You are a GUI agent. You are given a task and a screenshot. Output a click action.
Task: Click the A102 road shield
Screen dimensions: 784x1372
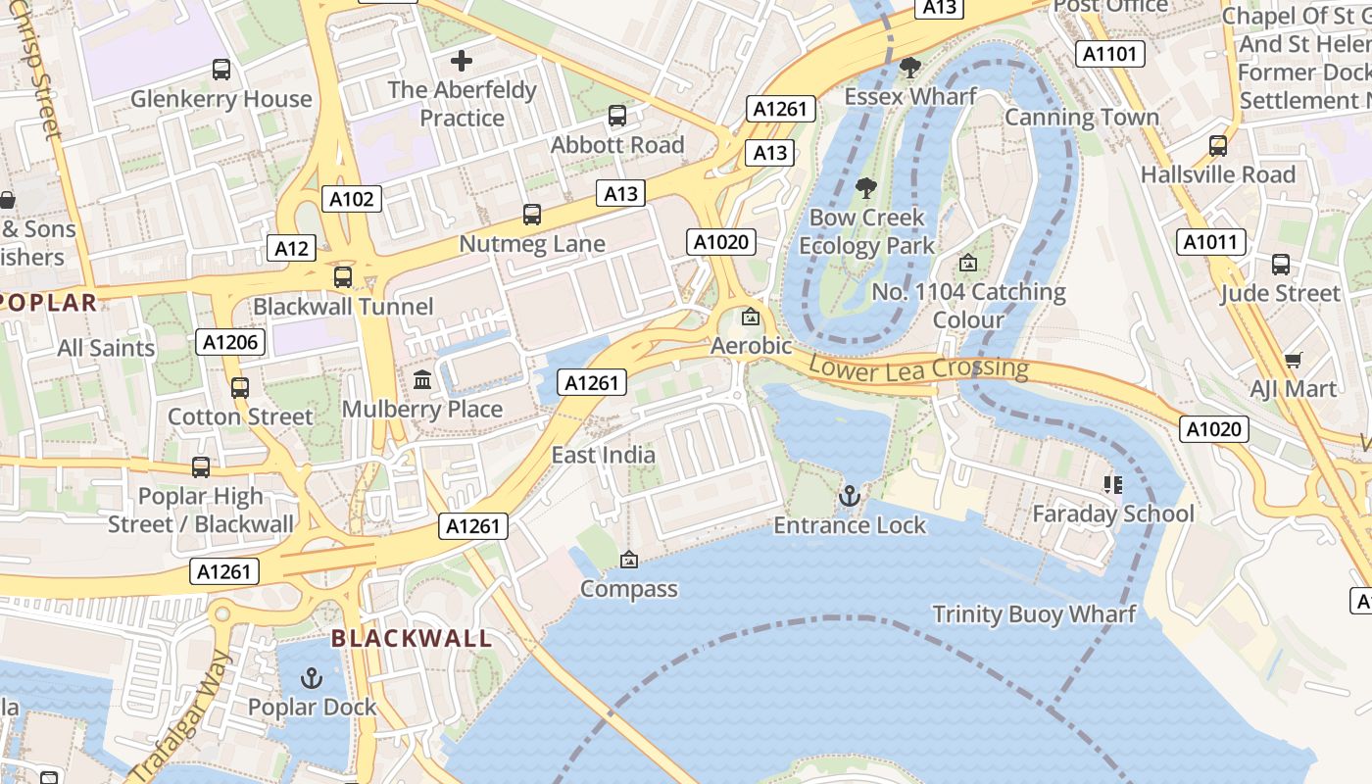(352, 199)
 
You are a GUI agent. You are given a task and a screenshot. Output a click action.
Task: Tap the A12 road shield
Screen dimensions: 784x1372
(291, 248)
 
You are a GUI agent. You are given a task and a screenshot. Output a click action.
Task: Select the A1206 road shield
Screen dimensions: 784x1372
(231, 342)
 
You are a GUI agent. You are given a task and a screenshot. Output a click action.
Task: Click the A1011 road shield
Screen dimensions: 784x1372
(1211, 242)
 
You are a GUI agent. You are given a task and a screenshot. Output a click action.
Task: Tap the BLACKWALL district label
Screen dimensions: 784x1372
(411, 639)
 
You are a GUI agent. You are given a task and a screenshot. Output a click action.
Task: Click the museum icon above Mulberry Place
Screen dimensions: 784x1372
(422, 379)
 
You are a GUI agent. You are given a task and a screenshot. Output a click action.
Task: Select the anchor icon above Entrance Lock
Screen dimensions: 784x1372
(850, 496)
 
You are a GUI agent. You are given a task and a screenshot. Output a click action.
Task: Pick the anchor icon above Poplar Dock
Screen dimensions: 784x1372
(311, 677)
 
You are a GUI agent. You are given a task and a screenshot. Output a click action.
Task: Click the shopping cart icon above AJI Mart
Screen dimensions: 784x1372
(1293, 360)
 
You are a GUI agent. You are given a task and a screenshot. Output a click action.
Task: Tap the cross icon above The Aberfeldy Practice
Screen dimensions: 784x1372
(462, 61)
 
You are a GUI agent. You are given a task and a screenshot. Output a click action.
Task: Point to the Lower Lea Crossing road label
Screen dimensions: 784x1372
(918, 368)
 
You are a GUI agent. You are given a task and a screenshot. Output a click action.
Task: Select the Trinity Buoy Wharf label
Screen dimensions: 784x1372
(1034, 614)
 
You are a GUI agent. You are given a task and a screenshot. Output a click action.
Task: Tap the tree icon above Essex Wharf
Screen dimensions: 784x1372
(910, 67)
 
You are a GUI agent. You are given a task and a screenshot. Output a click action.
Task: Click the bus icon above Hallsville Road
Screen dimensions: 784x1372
(1218, 145)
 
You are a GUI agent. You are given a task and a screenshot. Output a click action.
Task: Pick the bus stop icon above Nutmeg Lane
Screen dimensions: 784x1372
(532, 214)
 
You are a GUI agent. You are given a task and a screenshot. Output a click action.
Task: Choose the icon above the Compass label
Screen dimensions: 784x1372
(629, 560)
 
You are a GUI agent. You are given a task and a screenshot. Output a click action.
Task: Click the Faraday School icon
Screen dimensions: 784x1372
(1112, 484)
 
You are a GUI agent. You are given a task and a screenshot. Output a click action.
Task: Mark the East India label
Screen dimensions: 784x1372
(603, 455)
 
